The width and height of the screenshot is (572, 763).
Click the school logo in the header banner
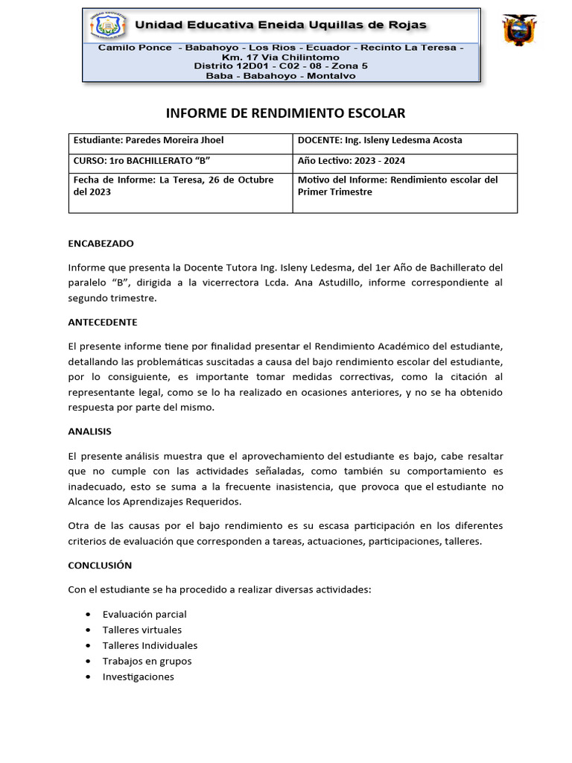point(107,25)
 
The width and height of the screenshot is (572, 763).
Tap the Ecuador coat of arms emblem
point(520,31)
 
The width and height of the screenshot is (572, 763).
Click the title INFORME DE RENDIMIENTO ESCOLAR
point(285,113)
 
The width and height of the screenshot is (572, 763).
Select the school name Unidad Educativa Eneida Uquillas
point(281,25)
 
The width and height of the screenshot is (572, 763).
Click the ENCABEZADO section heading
point(101,244)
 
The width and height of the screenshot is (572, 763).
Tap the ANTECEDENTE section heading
point(103,323)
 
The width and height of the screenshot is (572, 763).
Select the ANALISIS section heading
point(89,431)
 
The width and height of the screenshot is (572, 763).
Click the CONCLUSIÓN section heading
point(100,566)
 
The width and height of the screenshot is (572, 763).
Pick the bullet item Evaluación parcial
point(144,615)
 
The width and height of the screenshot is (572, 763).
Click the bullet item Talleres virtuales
point(142,630)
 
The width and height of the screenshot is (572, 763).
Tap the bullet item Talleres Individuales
point(150,646)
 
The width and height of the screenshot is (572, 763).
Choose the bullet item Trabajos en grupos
point(147,662)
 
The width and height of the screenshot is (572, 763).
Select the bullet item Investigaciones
point(138,677)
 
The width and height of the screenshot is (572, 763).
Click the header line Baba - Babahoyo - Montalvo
point(281,76)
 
